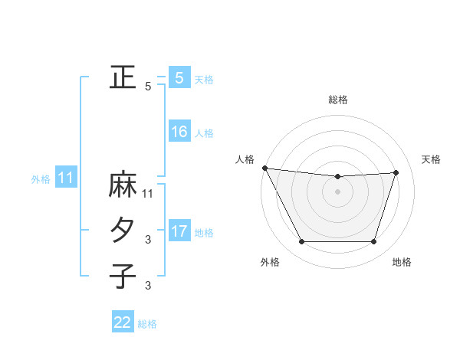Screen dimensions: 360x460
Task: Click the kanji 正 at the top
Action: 123,77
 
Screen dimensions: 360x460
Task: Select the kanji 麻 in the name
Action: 123,186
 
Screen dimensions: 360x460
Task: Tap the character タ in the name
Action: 123,231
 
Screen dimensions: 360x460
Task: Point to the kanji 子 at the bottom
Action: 123,275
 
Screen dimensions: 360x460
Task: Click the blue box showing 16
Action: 179,132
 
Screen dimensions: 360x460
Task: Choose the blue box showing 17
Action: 179,231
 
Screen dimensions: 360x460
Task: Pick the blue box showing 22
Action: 123,322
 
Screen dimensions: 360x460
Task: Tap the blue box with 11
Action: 66,178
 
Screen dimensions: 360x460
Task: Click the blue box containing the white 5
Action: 179,78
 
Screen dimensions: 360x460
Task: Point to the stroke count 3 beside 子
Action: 149,286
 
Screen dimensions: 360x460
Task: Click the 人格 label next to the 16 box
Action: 204,133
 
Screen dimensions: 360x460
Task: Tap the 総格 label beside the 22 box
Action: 147,324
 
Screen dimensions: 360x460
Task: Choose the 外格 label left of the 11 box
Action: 41,180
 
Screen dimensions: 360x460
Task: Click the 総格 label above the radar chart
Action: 338,100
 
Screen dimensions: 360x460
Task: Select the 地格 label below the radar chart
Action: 402,262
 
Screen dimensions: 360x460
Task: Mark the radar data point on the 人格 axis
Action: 264,168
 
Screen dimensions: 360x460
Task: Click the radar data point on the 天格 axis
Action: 396,172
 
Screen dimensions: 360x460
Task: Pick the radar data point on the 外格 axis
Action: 301,242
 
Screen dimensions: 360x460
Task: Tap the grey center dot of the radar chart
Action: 338,191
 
